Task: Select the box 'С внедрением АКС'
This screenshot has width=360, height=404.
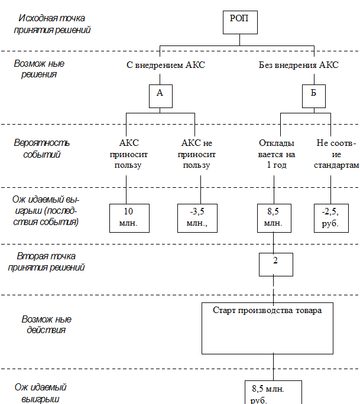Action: click(166, 65)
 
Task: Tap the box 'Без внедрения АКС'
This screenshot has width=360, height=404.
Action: click(299, 65)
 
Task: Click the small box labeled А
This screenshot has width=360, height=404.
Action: click(160, 96)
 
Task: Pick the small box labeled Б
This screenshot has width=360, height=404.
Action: click(313, 96)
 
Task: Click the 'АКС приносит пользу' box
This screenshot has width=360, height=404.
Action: click(129, 155)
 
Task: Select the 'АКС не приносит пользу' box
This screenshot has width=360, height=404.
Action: click(196, 155)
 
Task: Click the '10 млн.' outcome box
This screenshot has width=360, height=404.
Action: click(128, 217)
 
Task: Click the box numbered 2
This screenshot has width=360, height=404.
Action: click(275, 264)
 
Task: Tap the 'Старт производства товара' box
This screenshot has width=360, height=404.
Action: click(267, 328)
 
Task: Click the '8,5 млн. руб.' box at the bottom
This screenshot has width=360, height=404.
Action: click(273, 393)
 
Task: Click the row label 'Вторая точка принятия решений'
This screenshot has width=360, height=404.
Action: click(46, 263)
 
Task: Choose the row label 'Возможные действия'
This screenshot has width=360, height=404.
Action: click(46, 328)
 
